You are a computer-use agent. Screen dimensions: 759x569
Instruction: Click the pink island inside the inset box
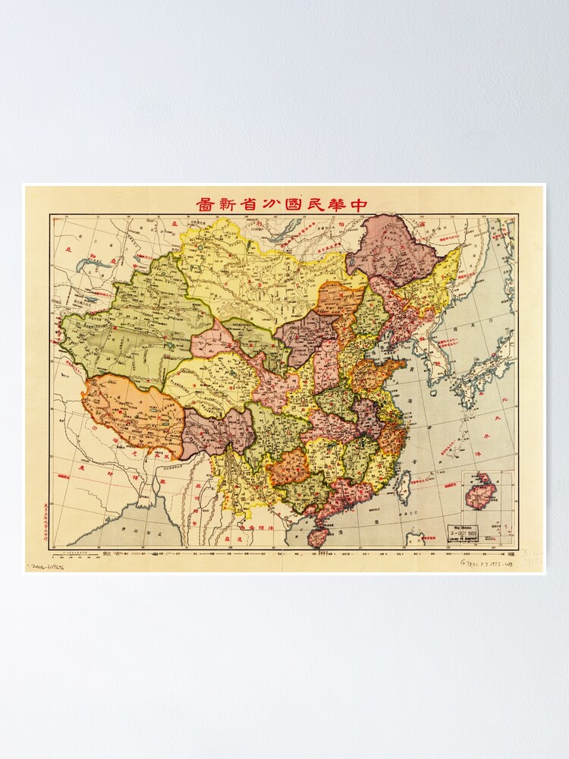(x=481, y=491)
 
